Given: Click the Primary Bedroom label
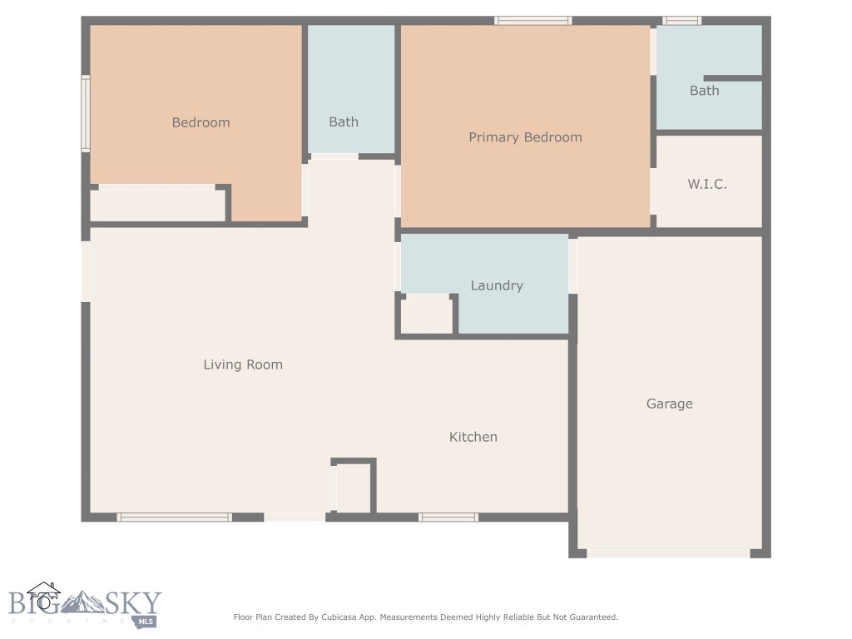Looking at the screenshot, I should (525, 137).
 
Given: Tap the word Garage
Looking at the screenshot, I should (669, 404).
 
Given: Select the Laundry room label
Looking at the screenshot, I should (497, 285).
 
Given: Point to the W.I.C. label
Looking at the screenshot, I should (707, 184).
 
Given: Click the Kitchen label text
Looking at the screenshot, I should (473, 437).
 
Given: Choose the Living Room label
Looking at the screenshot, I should (243, 364).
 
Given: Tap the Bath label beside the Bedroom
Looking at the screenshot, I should (343, 122).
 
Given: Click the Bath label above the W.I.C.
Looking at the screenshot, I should (704, 91).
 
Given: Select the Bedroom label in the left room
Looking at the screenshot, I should (201, 122).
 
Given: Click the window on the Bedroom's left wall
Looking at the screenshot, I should (85, 114).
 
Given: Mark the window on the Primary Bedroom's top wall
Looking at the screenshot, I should (532, 21).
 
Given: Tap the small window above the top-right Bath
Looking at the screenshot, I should (681, 21).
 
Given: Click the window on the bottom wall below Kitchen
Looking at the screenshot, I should (448, 518).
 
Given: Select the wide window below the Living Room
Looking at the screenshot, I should (174, 518).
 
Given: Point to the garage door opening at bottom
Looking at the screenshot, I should (669, 553).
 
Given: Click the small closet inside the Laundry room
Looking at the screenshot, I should (427, 315).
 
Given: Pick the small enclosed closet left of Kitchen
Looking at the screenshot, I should (353, 488).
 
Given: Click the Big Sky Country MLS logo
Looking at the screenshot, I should (83, 605).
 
